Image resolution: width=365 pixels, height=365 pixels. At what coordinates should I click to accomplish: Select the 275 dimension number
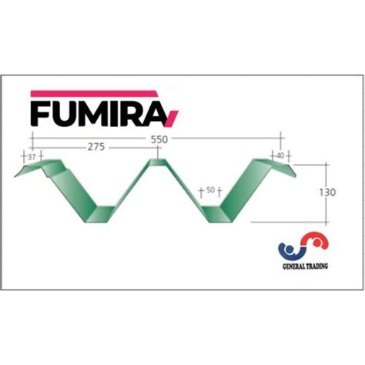pyautogui.click(x=96, y=146)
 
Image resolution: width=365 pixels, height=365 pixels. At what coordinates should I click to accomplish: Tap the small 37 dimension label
pyautogui.click(x=32, y=156)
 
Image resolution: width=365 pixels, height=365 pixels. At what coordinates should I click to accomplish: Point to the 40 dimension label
pyautogui.click(x=280, y=156)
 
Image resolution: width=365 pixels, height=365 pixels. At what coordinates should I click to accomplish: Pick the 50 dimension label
pyautogui.click(x=209, y=189)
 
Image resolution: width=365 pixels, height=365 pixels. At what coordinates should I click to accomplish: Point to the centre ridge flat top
pyautogui.click(x=156, y=162)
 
